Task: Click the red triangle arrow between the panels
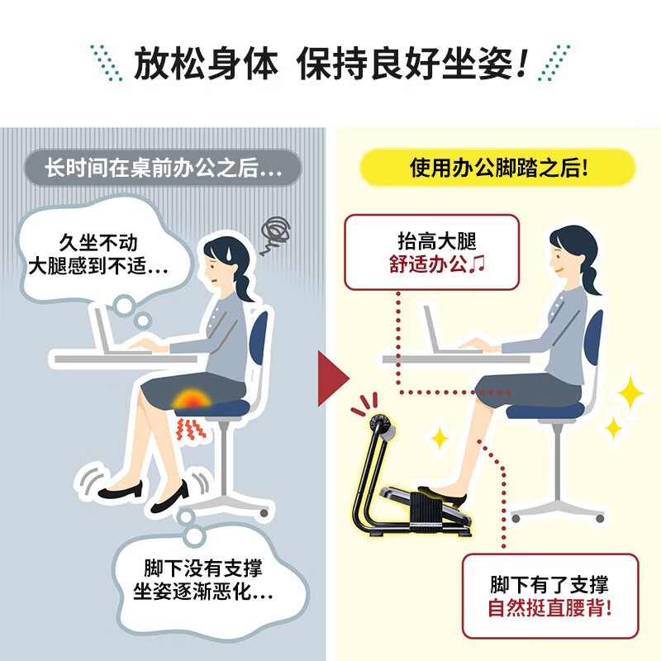(332, 378)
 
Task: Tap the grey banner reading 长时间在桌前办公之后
(163, 168)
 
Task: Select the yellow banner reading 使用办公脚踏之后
(497, 168)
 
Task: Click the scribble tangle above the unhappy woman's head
(274, 234)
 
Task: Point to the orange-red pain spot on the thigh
(192, 399)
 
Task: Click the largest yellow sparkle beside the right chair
(630, 392)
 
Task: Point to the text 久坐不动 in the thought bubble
(98, 243)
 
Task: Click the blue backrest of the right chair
(594, 338)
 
